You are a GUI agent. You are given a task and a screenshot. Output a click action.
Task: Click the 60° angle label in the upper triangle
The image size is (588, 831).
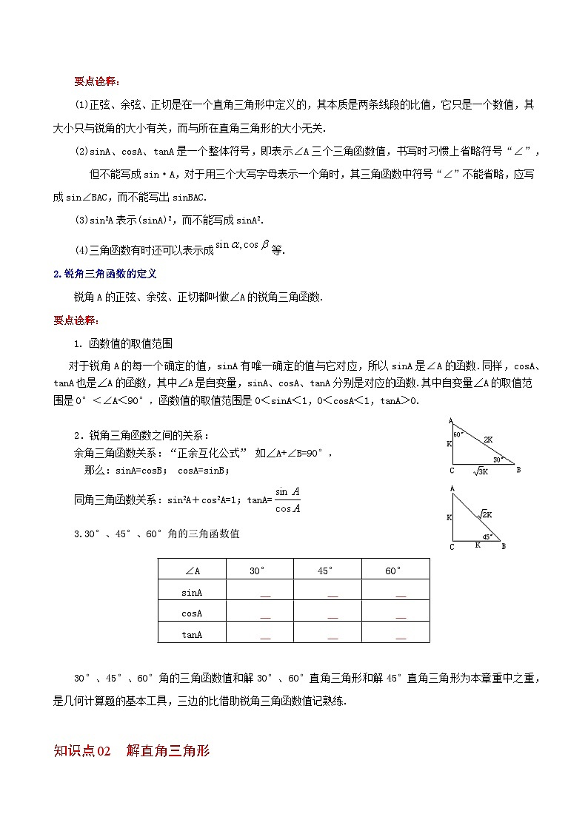click(x=458, y=434)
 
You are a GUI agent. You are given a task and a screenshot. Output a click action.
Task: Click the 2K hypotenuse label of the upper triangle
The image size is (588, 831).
click(x=488, y=440)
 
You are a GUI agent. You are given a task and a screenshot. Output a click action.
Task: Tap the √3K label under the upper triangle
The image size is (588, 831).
click(x=481, y=471)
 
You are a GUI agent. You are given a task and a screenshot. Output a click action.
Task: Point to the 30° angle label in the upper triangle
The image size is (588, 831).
click(x=498, y=460)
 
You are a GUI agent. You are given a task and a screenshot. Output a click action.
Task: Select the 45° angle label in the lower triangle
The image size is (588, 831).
click(x=487, y=536)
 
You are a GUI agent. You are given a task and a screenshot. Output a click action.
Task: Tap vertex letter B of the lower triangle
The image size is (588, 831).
click(x=504, y=547)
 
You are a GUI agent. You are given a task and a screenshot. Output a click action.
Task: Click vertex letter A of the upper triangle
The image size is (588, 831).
click(x=451, y=420)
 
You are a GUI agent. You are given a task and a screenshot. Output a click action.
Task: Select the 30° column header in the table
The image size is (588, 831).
click(x=257, y=571)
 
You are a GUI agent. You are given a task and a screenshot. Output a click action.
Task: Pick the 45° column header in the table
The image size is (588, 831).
click(x=326, y=571)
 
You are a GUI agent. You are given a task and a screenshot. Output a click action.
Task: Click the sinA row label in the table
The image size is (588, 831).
click(x=192, y=592)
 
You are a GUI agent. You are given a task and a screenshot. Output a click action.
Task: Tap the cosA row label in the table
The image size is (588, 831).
click(x=192, y=613)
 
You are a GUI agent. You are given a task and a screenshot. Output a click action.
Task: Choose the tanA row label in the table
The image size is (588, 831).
click(x=192, y=634)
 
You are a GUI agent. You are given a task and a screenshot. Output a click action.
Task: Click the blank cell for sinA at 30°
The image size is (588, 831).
click(x=265, y=593)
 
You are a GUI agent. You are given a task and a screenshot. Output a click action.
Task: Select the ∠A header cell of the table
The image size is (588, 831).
click(x=192, y=571)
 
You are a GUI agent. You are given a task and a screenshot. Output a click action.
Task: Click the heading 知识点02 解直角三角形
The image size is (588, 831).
click(x=133, y=751)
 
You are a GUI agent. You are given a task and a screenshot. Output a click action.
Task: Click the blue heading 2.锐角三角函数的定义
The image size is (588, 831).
click(x=105, y=274)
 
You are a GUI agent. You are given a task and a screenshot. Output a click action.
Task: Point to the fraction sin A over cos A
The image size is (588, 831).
click(x=287, y=499)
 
